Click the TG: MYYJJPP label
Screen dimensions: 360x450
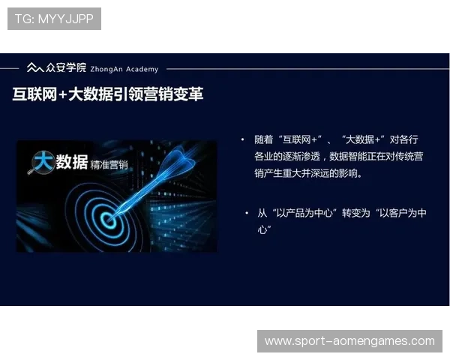tap(54, 19)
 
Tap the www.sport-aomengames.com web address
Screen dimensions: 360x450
tap(349, 341)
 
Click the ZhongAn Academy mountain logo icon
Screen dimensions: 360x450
tap(34, 68)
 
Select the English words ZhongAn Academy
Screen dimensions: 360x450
tap(124, 69)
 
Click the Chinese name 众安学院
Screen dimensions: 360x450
tap(66, 67)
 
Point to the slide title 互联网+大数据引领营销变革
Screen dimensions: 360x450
tap(108, 95)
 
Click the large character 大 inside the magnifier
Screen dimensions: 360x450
tap(43, 161)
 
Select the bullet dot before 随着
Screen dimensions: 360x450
tap(243, 139)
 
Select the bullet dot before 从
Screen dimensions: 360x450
tap(247, 213)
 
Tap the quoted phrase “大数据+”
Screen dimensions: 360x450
tap(363, 139)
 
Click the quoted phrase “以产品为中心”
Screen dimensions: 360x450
tap(307, 213)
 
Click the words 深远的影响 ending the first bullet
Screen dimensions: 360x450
tap(339, 173)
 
